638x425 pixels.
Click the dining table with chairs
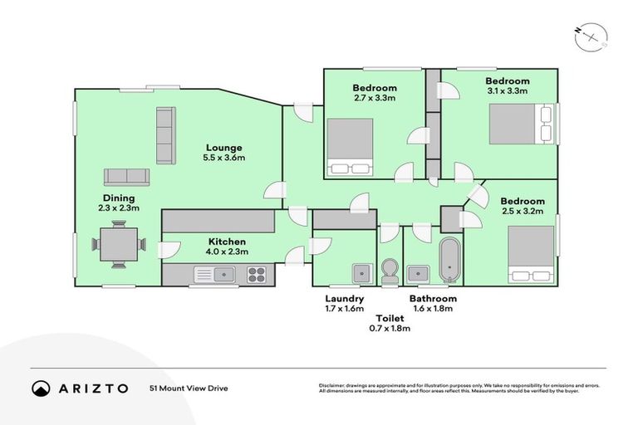[118, 246]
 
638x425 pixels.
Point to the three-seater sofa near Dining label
[126, 177]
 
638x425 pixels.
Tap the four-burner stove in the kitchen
[257, 273]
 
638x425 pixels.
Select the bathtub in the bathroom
[449, 260]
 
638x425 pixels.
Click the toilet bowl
[389, 271]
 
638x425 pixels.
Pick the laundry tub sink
[361, 273]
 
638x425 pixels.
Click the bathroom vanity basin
[418, 273]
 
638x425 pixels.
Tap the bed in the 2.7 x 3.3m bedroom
[349, 147]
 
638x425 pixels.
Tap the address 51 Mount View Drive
[189, 388]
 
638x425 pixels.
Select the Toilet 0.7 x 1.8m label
[389, 323]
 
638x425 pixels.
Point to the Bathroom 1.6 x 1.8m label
[433, 303]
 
